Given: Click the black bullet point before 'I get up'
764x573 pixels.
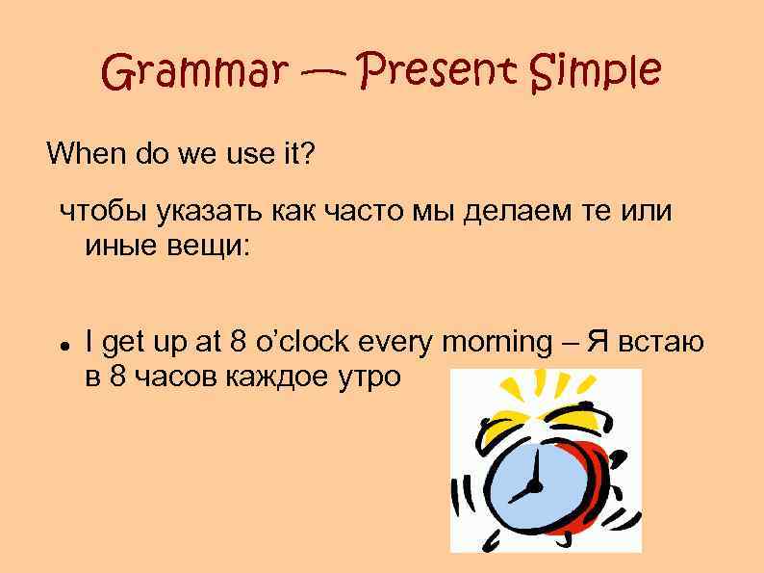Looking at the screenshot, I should tap(63, 344).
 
